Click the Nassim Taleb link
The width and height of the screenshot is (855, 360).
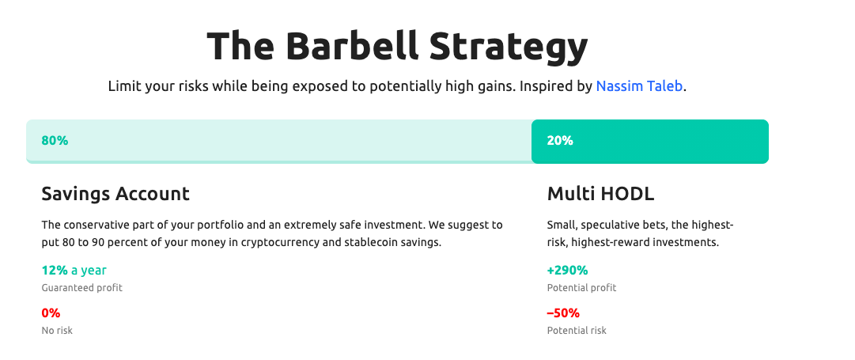tap(639, 86)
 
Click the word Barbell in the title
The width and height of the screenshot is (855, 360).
tap(352, 46)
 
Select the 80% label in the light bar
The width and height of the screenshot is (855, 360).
tap(55, 140)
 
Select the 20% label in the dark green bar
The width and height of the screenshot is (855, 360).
tap(560, 140)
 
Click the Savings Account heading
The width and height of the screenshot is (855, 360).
tap(115, 194)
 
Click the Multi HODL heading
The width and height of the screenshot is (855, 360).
tap(600, 194)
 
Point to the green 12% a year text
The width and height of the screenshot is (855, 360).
tap(74, 270)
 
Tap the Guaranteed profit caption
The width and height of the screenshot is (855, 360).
tap(81, 287)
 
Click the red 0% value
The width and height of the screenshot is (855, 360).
tap(51, 313)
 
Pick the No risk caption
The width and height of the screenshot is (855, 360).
tap(57, 330)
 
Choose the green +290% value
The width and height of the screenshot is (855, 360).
tap(567, 270)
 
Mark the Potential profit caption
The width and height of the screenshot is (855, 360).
tap(582, 287)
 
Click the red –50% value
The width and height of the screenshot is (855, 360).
tap(563, 313)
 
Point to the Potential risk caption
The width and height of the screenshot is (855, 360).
tap(577, 330)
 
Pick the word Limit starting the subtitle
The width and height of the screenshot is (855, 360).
tap(124, 86)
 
